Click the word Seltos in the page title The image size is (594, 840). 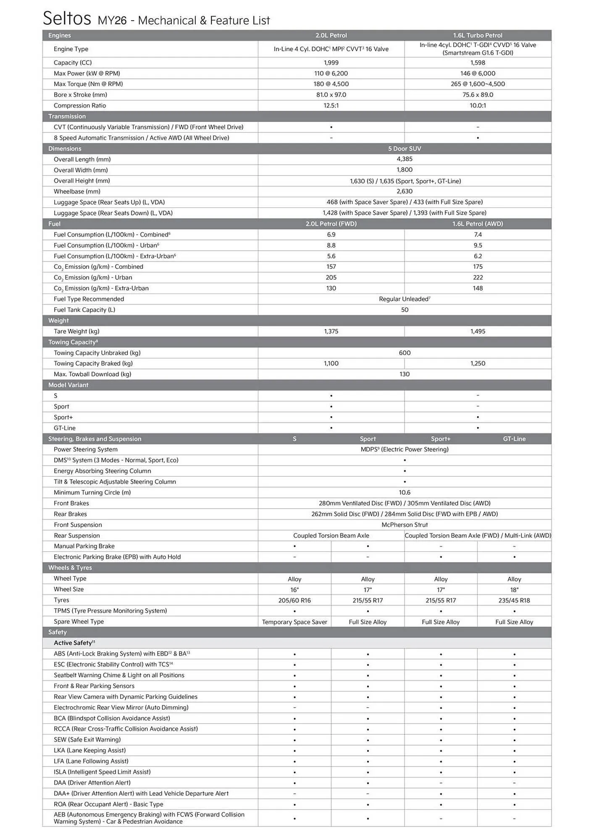pyautogui.click(x=67, y=18)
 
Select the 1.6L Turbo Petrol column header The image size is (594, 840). pyautogui.click(x=477, y=35)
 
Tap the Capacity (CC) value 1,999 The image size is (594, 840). pyautogui.click(x=331, y=63)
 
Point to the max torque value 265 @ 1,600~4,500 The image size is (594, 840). pyautogui.click(x=477, y=84)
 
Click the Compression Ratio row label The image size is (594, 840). pyautogui.click(x=80, y=105)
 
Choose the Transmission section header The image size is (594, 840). pyautogui.click(x=67, y=116)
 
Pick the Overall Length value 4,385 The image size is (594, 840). pyautogui.click(x=404, y=159)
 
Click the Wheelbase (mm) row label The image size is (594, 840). pyautogui.click(x=77, y=192)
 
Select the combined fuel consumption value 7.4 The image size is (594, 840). pyautogui.click(x=477, y=235)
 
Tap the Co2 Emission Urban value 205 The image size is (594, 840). pyautogui.click(x=331, y=278)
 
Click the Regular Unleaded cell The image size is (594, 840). pyautogui.click(x=404, y=299)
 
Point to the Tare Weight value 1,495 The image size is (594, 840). pyautogui.click(x=477, y=331)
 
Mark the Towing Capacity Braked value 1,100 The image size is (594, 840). pyautogui.click(x=331, y=364)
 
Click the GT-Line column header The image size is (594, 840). pyautogui.click(x=514, y=439)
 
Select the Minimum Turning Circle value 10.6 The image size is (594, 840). pyautogui.click(x=404, y=493)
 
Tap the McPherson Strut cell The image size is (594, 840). pyautogui.click(x=404, y=525)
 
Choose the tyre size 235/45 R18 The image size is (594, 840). pyautogui.click(x=514, y=601)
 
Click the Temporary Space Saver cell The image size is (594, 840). pyautogui.click(x=294, y=622)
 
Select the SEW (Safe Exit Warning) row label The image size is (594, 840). pyautogui.click(x=87, y=740)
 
